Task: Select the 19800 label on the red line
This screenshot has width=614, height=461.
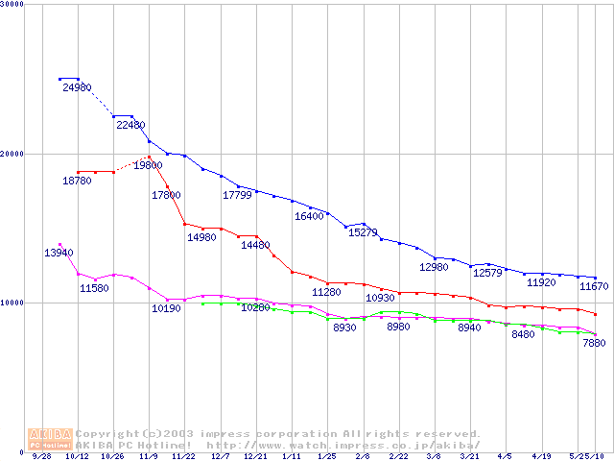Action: pos(148,166)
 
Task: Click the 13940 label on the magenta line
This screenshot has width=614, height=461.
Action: pos(59,253)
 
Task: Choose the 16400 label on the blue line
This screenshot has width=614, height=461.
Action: pos(309,216)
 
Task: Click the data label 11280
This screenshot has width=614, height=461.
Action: pos(326,292)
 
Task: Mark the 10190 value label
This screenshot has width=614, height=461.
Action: pos(166,308)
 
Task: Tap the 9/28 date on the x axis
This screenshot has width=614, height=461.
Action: pos(40,457)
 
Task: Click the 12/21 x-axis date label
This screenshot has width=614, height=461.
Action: pos(254,457)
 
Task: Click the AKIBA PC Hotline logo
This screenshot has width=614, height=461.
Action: pos(50,439)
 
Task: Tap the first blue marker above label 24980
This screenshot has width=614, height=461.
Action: pos(59,79)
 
